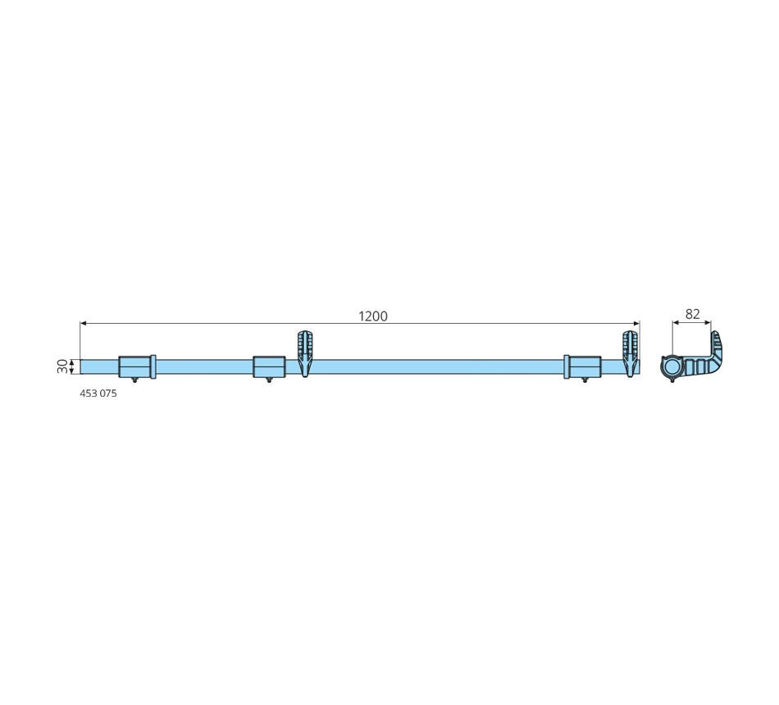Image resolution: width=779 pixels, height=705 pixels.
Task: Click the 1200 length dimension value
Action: (x=372, y=316)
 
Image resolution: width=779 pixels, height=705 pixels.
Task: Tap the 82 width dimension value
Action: (x=692, y=314)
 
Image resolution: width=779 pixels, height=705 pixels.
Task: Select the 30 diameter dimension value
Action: (x=62, y=366)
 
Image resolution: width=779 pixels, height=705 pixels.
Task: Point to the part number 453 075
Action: (x=98, y=393)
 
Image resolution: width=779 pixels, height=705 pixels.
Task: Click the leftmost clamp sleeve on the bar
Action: (x=134, y=366)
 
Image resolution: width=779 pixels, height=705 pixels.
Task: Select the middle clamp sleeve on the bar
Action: (x=269, y=366)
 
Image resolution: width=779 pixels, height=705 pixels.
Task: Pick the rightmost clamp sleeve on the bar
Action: (x=585, y=366)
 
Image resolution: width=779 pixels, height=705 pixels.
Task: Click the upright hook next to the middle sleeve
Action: (x=305, y=352)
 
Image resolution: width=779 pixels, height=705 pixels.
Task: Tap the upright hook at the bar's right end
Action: (x=630, y=352)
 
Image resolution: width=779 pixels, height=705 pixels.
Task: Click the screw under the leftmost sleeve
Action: (x=134, y=380)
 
